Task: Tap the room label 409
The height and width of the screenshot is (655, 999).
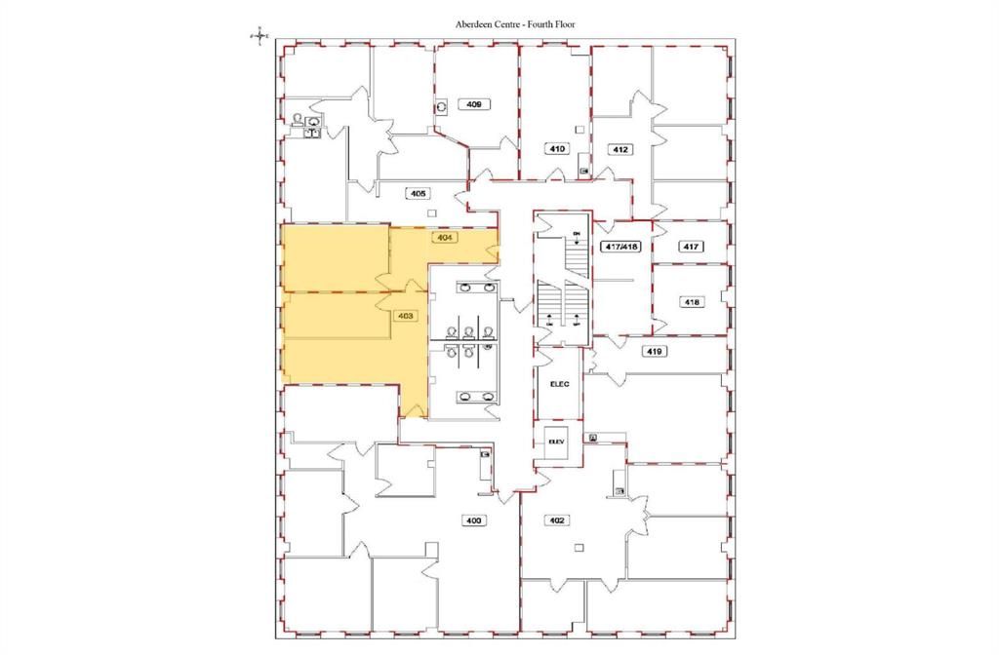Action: (475, 103)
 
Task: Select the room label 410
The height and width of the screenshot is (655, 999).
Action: (554, 149)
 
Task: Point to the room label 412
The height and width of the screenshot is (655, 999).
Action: (619, 149)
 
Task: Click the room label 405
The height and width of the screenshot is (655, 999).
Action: (420, 194)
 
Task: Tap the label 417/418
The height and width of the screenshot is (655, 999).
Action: (620, 247)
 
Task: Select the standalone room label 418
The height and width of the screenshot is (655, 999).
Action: (692, 302)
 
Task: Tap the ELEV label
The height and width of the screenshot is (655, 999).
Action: (556, 441)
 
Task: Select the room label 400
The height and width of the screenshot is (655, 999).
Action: (474, 520)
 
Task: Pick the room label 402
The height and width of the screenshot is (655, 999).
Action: (557, 520)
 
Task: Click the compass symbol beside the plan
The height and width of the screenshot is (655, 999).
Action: (259, 35)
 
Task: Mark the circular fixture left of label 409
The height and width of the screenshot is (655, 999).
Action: (442, 106)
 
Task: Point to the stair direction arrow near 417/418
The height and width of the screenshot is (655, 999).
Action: (577, 245)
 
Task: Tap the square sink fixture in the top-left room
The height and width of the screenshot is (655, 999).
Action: (314, 122)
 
